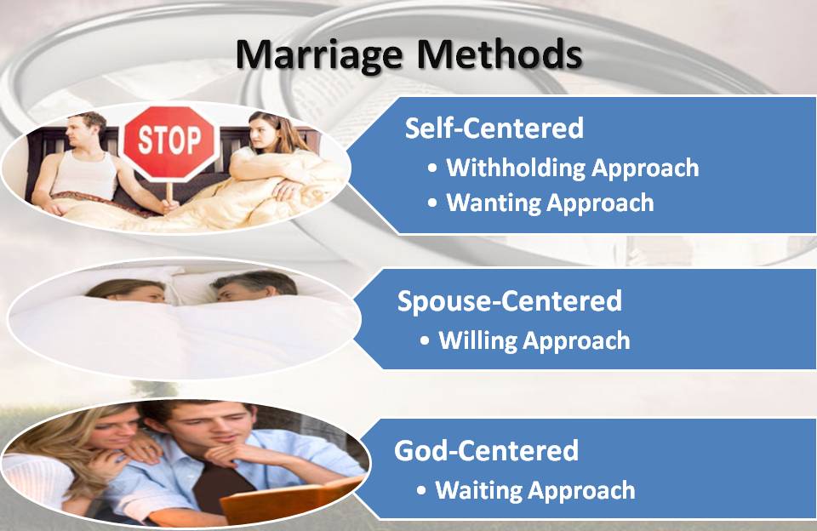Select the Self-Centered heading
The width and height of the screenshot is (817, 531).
[x=494, y=128]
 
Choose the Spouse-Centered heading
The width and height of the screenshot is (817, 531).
[x=509, y=300]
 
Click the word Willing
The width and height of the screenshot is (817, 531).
[x=477, y=340]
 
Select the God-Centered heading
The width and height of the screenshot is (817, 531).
[x=486, y=450]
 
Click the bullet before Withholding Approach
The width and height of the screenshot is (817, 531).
[x=432, y=168]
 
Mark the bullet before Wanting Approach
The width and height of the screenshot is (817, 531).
[x=432, y=203]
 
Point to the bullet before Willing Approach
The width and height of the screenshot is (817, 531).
[x=425, y=341]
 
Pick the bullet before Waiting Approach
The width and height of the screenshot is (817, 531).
[x=421, y=491]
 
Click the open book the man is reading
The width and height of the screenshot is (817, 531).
[x=287, y=500]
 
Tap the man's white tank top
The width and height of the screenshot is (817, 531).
[x=86, y=174]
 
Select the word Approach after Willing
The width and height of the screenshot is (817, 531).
[x=576, y=340]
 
